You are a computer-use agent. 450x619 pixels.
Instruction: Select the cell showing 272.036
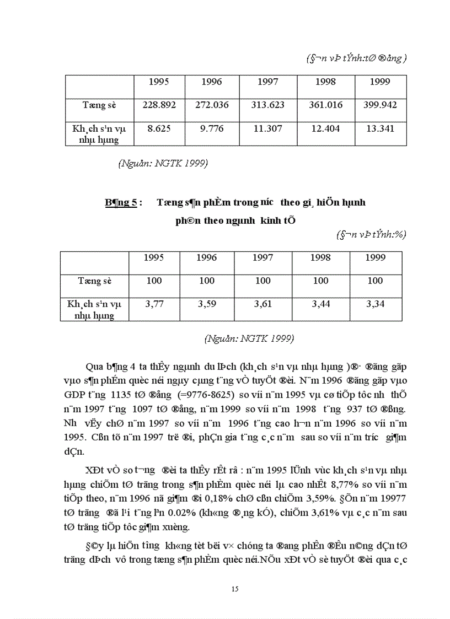coord(212,105)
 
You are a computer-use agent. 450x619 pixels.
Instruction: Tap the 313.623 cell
coord(267,105)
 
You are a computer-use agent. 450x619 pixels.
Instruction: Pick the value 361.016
coord(325,105)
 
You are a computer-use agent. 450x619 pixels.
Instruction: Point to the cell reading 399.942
coord(380,105)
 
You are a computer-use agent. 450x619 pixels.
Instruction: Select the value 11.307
coord(267,128)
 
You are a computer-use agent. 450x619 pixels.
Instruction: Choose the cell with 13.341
coord(380,128)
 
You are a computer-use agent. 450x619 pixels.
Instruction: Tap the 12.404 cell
coord(325,128)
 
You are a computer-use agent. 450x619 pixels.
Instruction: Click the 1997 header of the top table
coord(267,82)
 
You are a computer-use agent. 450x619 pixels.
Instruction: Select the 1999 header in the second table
coord(374,257)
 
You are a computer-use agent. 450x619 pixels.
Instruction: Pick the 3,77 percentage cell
coord(154,304)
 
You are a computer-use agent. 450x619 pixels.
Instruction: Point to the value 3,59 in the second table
coord(207,304)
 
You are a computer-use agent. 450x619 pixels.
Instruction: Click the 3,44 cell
coord(320,304)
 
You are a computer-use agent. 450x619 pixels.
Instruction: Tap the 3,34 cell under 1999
coord(374,304)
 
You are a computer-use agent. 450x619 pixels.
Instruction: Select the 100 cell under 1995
coord(154,281)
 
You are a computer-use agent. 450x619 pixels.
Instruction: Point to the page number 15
coord(235,589)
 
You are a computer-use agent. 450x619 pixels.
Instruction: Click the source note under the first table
coord(163,163)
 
